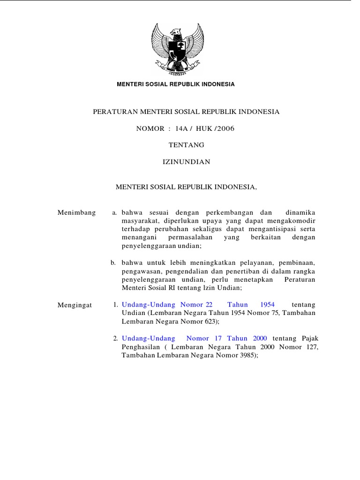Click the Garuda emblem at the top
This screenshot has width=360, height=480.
point(177,50)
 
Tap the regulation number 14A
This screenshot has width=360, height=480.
point(184,128)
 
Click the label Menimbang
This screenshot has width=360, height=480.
point(76,212)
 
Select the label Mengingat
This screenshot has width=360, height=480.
point(75,305)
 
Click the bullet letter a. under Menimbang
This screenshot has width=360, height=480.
point(114,213)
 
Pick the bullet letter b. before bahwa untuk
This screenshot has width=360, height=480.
point(113,263)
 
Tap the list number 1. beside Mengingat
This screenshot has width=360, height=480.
point(115,305)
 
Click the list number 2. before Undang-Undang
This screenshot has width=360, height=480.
point(115,338)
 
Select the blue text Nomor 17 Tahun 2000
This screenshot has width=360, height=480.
point(226,338)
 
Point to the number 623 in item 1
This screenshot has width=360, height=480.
point(210,322)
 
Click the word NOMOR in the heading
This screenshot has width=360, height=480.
point(150,128)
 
